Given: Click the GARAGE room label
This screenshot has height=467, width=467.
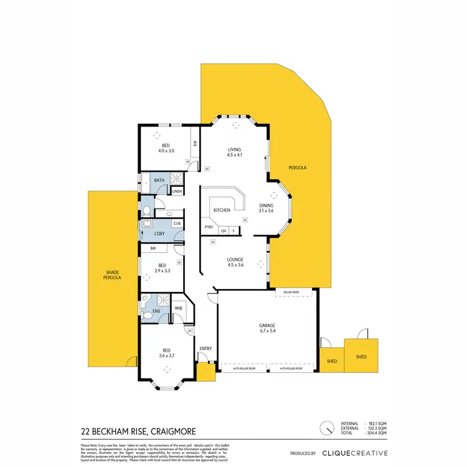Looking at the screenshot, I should point(267,325).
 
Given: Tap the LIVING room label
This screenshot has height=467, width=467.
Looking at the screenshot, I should point(234,149).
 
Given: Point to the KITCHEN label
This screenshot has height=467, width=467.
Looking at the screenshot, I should point(222,210).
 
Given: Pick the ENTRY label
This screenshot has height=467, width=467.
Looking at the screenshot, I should point(205,349).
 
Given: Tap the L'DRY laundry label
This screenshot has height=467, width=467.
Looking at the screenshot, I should point(159,233).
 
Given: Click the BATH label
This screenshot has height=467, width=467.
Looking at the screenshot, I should point(159,181).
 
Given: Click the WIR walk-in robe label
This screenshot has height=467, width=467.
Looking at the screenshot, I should point(178,308).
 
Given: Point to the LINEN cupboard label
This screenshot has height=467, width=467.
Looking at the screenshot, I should point(177,191).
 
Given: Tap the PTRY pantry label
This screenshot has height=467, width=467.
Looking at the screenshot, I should point(209,227).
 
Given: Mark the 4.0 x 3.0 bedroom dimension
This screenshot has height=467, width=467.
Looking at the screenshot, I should point(166,151).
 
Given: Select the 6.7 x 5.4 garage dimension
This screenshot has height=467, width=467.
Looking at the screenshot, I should point(267,331).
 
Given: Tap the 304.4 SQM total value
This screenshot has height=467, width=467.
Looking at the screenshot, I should point(377,434).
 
